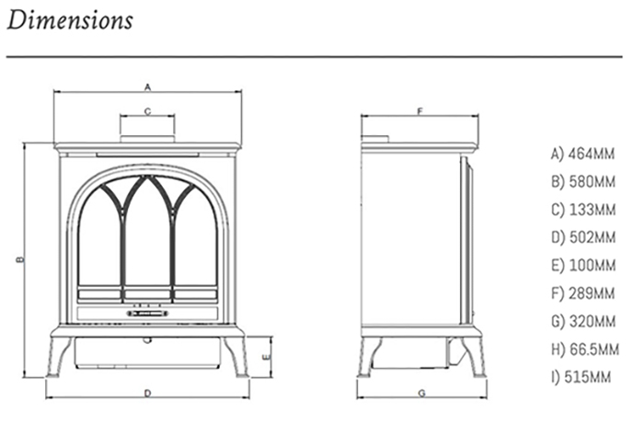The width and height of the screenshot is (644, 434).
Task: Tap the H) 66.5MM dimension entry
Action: (583, 349)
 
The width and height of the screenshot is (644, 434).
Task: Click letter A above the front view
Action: (147, 87)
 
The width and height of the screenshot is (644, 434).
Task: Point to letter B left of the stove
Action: (17, 260)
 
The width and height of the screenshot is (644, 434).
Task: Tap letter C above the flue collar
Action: (147, 110)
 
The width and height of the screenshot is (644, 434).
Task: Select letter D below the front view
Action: (147, 394)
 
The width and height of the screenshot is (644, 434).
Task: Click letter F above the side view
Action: (420, 110)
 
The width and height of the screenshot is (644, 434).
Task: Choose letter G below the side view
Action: (420, 394)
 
